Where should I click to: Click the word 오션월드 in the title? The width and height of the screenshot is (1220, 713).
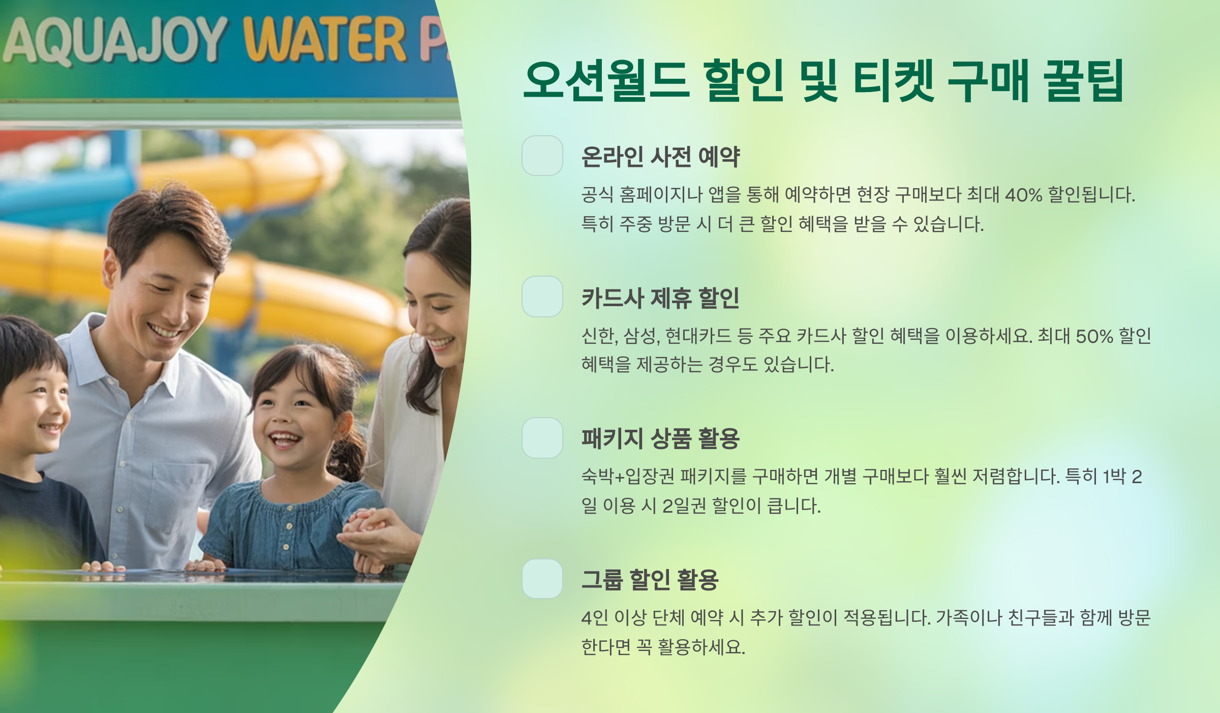[607, 80]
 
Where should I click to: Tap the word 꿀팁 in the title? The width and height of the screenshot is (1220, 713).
[1083, 80]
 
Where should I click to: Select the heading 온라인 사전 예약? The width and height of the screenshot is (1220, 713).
[660, 157]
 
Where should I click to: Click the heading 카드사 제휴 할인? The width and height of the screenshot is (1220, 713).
[660, 298]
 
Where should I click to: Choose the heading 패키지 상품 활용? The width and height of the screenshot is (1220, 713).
[660, 438]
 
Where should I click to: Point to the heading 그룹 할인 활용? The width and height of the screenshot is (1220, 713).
[650, 580]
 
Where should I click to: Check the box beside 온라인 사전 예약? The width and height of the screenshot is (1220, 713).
[542, 156]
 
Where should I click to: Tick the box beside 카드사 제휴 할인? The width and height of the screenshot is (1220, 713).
[542, 296]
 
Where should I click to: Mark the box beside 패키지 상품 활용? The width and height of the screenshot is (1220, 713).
[542, 438]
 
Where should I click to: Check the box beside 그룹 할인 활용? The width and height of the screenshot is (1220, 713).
[542, 579]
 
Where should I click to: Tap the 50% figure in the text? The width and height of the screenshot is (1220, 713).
[1094, 336]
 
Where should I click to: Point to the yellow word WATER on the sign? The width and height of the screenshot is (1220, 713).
[325, 39]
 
